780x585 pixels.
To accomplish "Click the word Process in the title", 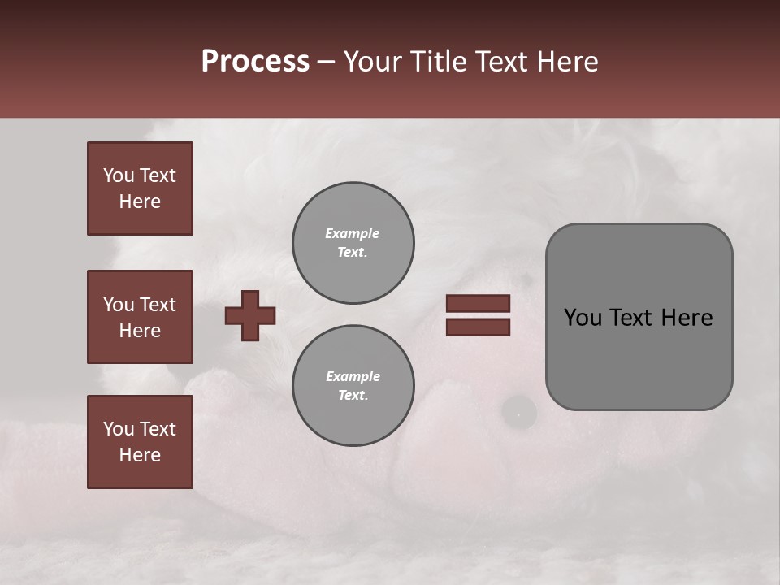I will [x=255, y=62].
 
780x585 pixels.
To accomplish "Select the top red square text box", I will [x=140, y=188].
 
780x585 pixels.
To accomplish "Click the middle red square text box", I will [x=140, y=317].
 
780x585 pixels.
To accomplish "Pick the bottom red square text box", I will [x=140, y=441].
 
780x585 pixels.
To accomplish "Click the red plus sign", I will [x=250, y=315].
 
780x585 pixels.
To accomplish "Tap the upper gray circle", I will [x=353, y=243].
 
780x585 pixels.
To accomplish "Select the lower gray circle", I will [x=353, y=386].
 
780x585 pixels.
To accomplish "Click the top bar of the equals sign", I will [x=478, y=303].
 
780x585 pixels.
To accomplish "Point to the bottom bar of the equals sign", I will [x=478, y=327].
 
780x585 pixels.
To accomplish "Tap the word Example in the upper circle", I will [x=353, y=233].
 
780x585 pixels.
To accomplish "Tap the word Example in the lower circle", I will [x=353, y=376].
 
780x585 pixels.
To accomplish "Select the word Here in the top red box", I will [x=140, y=201].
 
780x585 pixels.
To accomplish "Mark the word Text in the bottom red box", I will [x=157, y=429].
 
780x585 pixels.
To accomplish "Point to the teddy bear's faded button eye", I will [x=518, y=413].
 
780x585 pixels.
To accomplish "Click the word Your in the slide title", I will [x=373, y=62].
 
